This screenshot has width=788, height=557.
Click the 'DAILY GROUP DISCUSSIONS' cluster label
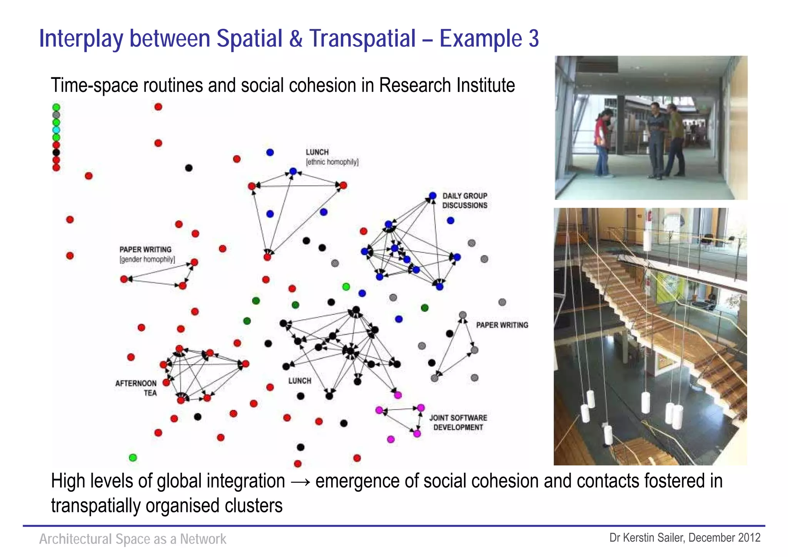coord(464,200)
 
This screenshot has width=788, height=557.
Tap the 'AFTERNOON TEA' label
coord(136,388)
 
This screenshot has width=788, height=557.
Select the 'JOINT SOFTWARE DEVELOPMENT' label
coord(458,422)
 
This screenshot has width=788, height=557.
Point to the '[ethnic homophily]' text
coord(332,162)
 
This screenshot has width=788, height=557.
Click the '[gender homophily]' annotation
coord(147,259)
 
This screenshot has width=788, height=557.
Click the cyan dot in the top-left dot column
coord(56,130)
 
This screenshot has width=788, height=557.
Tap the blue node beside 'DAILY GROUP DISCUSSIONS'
coord(432,196)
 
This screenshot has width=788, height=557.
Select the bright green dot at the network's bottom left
coord(133,457)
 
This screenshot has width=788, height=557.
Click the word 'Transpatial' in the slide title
coord(362,38)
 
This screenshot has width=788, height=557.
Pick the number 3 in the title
coord(534,38)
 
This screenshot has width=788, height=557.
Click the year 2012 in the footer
coord(749,537)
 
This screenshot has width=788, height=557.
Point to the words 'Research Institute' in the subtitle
coord(447,85)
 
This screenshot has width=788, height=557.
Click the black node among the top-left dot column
coord(56,152)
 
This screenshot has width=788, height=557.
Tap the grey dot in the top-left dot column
coord(56,115)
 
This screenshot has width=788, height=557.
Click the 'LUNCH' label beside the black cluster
coord(300,381)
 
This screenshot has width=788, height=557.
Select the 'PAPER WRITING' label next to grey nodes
coord(502,325)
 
